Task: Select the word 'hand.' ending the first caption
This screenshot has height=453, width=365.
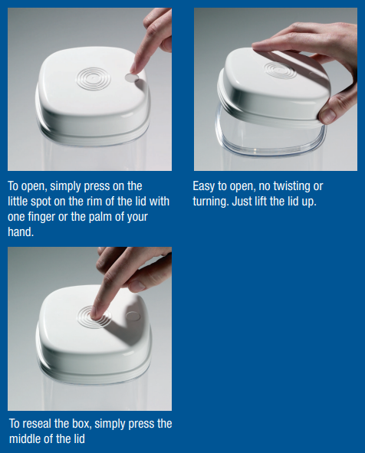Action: click(21, 231)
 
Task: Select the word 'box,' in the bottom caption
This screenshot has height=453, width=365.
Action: click(81, 424)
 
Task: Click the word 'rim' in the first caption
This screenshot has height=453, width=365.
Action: click(94, 202)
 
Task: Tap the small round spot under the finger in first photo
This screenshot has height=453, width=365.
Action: click(132, 77)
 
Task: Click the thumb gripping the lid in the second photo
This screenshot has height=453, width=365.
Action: click(327, 114)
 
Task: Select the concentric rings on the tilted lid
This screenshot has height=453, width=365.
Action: click(280, 71)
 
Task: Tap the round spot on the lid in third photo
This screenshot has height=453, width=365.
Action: click(133, 316)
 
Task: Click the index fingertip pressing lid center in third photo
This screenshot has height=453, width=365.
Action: click(94, 314)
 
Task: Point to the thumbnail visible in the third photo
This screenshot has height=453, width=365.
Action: click(136, 286)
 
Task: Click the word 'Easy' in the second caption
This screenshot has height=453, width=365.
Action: click(204, 186)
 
